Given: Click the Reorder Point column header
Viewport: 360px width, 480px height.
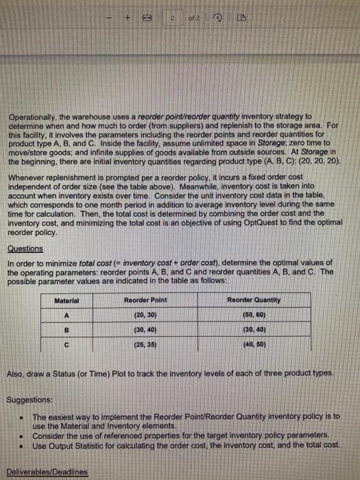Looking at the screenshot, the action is (145, 300).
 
